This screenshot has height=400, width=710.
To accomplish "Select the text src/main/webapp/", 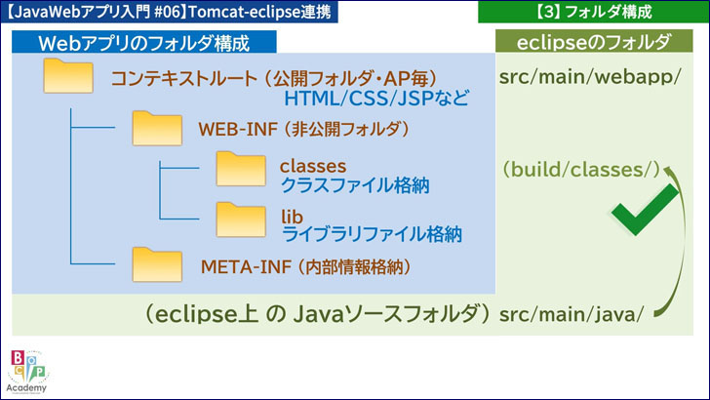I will (x=589, y=78).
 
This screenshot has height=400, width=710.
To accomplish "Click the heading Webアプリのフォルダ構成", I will (x=143, y=44).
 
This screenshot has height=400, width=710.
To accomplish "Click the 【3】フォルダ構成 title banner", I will (x=594, y=13).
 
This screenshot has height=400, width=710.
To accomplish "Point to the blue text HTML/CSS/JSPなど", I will (x=376, y=100).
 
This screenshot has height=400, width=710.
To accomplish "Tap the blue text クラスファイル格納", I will (x=355, y=184).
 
